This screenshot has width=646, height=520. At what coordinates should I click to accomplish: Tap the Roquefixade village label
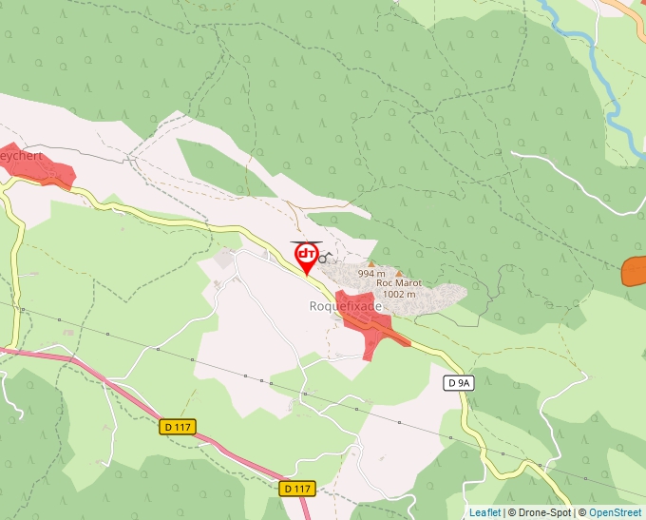click(346, 306)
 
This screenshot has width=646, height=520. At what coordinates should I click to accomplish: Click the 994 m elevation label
click(372, 274)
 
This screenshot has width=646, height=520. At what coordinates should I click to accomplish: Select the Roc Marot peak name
click(399, 283)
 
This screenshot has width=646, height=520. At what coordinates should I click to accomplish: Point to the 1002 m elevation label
click(399, 295)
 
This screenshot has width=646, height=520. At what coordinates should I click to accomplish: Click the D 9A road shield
click(458, 383)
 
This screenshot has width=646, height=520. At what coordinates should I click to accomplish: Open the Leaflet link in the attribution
click(484, 512)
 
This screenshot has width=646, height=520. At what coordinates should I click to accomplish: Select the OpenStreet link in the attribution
click(615, 512)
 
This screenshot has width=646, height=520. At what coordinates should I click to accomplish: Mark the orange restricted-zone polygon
click(634, 271)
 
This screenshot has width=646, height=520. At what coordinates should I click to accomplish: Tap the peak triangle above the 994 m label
click(371, 263)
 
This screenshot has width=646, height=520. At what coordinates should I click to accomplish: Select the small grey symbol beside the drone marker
click(323, 258)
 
